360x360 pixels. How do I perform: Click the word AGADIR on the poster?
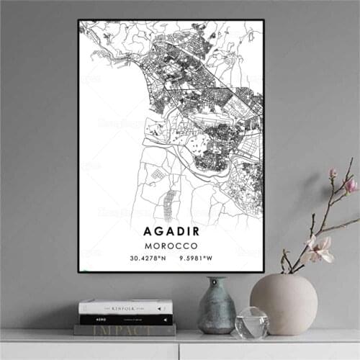click(x=171, y=232)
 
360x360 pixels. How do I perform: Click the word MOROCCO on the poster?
click(x=171, y=246)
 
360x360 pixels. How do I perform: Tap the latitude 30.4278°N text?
click(x=148, y=258)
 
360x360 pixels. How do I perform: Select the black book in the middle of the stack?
click(x=126, y=319)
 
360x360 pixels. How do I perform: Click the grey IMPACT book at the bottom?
click(x=125, y=330)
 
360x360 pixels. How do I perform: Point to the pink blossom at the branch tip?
click(x=350, y=185)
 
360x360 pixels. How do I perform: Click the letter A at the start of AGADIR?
click(x=148, y=232)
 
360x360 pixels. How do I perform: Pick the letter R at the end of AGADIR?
click(x=196, y=232)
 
